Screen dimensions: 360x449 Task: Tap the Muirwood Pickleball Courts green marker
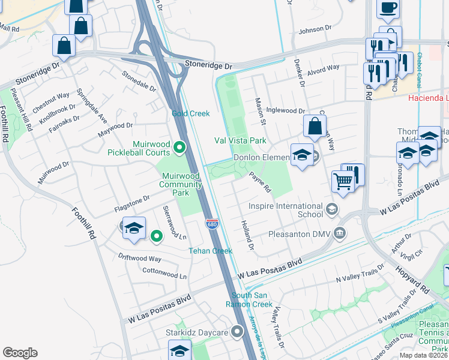(179, 147)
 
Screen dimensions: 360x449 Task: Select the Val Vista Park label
(240, 140)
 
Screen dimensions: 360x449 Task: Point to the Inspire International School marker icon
(332, 210)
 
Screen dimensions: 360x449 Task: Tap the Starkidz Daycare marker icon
(238, 332)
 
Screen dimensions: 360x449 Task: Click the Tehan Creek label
(210, 251)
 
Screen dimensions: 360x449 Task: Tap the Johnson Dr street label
(315, 28)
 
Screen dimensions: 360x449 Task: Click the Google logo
(20, 353)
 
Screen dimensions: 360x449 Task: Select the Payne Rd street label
(261, 182)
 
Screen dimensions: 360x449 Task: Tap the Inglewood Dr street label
(286, 110)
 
